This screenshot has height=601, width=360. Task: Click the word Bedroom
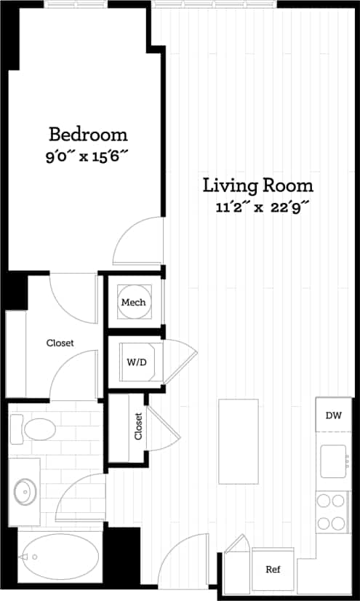[88, 135]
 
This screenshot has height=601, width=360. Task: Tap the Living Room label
[257, 185]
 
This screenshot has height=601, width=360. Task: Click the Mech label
[133, 303]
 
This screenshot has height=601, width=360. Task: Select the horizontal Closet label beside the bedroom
[60, 343]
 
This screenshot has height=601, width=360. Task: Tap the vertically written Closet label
[138, 426]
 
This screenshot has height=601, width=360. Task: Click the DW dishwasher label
[333, 415]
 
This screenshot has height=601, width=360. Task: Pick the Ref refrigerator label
[273, 570]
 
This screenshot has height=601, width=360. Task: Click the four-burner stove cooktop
[332, 512]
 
